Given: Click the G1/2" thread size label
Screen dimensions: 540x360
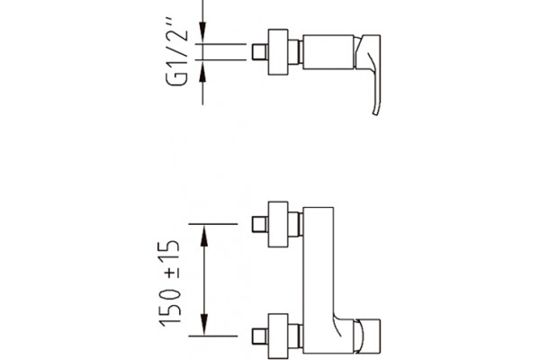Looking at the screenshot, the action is pyautogui.click(x=177, y=56).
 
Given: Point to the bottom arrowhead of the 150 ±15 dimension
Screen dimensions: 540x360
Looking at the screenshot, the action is pyautogui.click(x=204, y=324).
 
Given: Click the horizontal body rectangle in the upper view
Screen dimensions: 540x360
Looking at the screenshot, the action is pyautogui.click(x=328, y=51).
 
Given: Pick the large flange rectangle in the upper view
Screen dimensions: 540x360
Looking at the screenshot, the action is pyautogui.click(x=278, y=51).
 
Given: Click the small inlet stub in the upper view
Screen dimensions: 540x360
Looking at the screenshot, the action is pyautogui.click(x=260, y=51).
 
